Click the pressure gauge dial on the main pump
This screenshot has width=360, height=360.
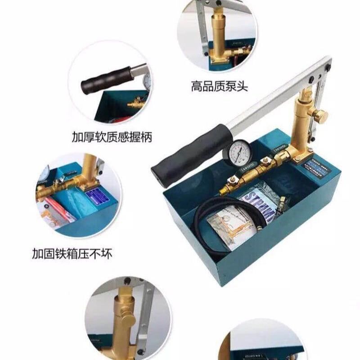pyautogui.click(x=237, y=153)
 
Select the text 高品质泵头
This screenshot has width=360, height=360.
pyautogui.click(x=219, y=86)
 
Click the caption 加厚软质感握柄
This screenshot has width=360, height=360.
pyautogui.click(x=112, y=137)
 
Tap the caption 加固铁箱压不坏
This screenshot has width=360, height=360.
pyautogui.click(x=72, y=254)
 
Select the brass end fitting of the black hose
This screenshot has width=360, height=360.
pyautogui.click(x=224, y=192)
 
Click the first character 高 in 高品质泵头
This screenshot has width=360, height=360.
pyautogui.click(x=196, y=86)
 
